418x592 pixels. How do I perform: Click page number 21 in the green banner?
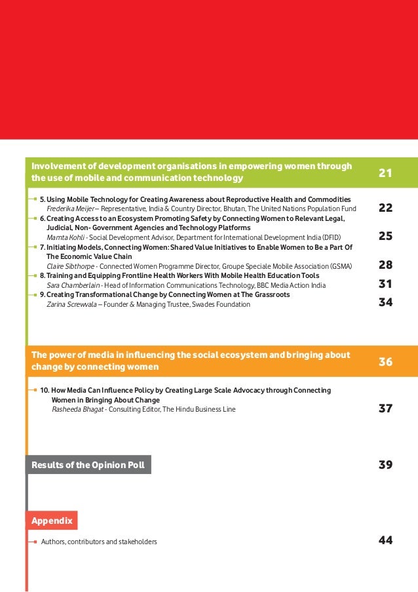point(385,174)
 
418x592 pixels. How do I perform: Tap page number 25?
point(385,237)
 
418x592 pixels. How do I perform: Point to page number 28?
point(385,266)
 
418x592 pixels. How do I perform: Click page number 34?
point(385,304)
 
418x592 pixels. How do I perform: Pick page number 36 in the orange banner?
point(385,361)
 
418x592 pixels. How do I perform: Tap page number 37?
point(385,409)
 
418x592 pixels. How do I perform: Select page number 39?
point(385,465)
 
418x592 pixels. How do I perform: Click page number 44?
point(385,541)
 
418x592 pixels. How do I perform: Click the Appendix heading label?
point(52,521)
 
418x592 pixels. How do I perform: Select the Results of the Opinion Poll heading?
point(88,465)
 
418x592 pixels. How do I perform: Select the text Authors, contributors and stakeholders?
point(99,542)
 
